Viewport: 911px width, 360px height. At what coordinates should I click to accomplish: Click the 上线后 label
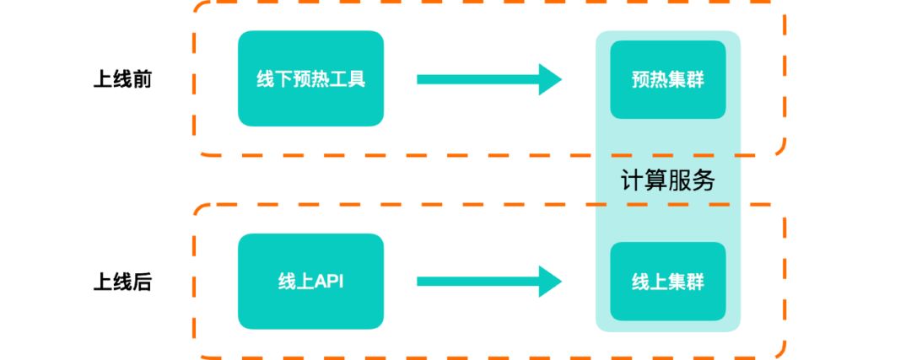[x=122, y=282]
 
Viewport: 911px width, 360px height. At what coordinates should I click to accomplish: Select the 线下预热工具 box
[x=310, y=79]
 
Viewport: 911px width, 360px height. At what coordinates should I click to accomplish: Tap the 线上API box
[x=310, y=282]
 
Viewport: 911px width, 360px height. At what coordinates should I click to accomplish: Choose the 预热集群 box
[x=668, y=79]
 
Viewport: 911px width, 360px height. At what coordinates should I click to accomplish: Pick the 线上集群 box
[x=668, y=282]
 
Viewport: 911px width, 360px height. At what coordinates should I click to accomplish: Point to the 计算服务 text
[x=668, y=180]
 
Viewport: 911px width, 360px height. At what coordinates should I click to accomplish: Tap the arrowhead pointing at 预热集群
[x=550, y=79]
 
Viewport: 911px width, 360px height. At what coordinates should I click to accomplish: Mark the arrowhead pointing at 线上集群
[x=550, y=282]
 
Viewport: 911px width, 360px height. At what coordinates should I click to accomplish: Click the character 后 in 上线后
[x=143, y=282]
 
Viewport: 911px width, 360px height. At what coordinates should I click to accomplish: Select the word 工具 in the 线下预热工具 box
[x=352, y=80]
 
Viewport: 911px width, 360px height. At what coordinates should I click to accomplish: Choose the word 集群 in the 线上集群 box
[x=686, y=282]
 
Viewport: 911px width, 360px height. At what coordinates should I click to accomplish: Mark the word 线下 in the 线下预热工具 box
[x=270, y=80]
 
